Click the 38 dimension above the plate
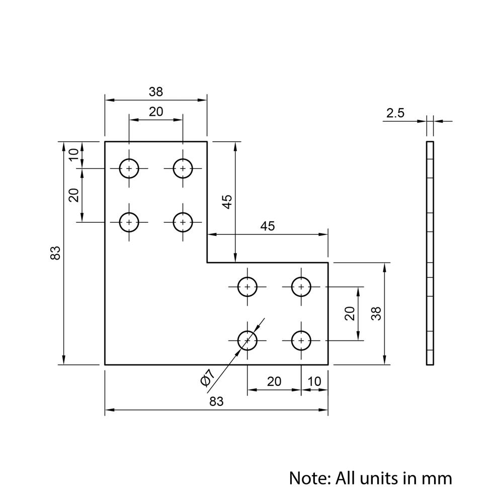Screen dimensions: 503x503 point(156,92)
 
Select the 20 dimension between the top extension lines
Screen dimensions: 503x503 point(156,112)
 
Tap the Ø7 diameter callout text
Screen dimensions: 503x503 point(207,378)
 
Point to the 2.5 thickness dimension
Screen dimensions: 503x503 point(395,113)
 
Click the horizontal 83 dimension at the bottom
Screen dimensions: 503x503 point(216,401)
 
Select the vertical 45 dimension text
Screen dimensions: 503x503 point(227,202)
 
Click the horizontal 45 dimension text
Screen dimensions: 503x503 point(268,226)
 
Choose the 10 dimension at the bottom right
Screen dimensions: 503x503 point(314,381)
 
